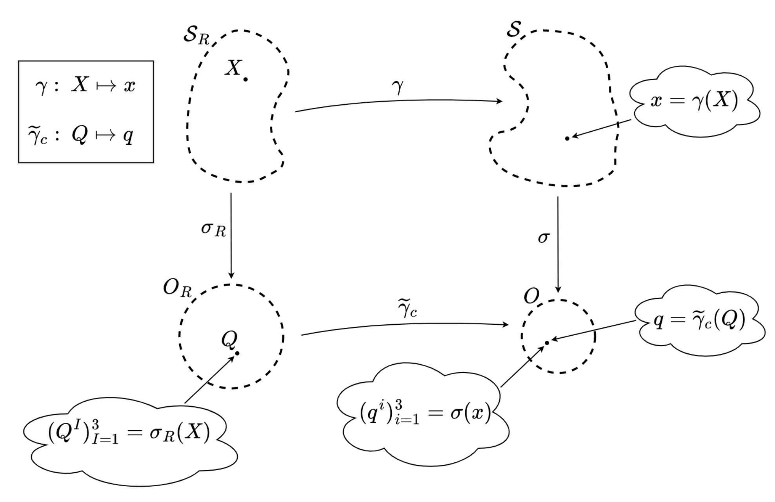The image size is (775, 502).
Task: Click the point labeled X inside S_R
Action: [x=246, y=80]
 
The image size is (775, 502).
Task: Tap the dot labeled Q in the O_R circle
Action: [x=237, y=353]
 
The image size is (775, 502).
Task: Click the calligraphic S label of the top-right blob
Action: [x=513, y=29]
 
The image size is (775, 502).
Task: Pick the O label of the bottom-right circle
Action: [x=531, y=296]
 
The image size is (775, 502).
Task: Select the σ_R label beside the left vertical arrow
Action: [x=213, y=229]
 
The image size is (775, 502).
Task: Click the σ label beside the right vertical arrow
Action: [x=544, y=238]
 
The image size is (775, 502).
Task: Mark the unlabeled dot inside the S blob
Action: [x=567, y=138]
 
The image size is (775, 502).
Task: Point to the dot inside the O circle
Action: [x=547, y=343]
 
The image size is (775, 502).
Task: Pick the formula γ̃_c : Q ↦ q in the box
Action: [x=81, y=136]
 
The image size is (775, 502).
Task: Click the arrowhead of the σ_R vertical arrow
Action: [x=231, y=275]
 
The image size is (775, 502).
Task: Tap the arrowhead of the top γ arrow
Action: [x=500, y=101]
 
